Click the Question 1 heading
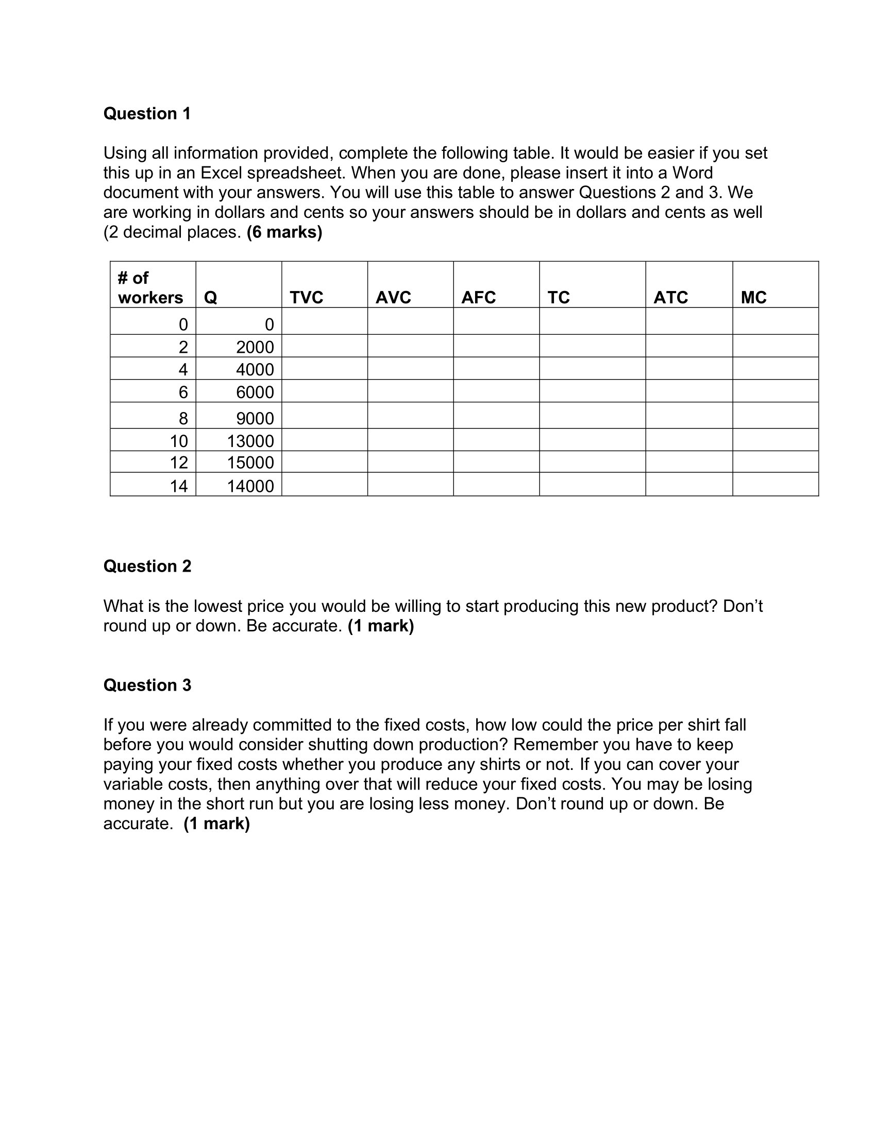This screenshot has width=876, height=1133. (x=147, y=114)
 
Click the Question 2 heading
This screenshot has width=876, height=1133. (x=147, y=566)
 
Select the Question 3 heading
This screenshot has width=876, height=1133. (x=147, y=685)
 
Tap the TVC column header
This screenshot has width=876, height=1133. (x=306, y=297)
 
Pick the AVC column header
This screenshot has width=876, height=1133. (x=393, y=297)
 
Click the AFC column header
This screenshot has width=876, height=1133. (x=478, y=297)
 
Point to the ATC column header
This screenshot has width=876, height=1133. (x=670, y=297)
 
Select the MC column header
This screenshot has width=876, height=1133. (x=753, y=297)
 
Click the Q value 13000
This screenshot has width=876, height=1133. (x=250, y=441)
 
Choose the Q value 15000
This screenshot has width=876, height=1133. (x=250, y=462)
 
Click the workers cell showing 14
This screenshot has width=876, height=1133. (x=178, y=486)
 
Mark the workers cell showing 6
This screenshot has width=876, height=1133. (x=183, y=392)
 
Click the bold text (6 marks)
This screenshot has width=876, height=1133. (x=284, y=232)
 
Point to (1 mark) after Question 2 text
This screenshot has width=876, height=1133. (x=380, y=626)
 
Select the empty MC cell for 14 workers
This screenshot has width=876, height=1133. (x=776, y=484)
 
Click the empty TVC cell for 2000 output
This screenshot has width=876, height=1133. (x=324, y=346)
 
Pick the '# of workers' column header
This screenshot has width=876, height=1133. (x=150, y=288)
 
